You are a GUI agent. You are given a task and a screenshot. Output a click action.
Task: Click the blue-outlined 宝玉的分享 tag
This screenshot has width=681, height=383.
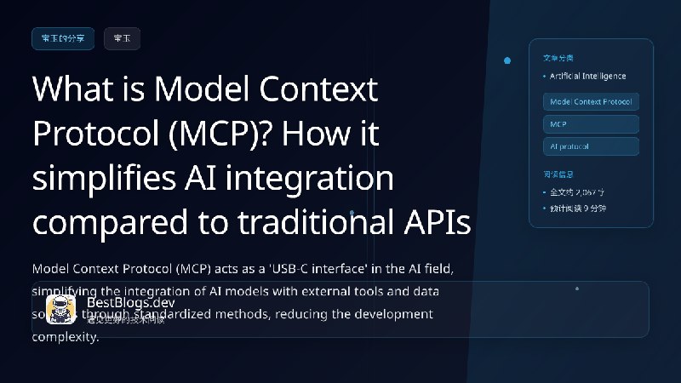pos(62,38)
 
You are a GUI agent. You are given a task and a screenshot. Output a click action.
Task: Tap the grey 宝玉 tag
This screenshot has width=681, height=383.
pos(122,38)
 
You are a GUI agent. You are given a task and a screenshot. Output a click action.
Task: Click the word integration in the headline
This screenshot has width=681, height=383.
pos(318,179)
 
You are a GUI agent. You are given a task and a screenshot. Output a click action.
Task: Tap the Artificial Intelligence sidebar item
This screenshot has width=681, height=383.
pos(587,77)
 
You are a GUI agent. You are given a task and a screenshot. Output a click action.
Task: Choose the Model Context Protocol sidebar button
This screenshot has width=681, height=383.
pos(591,101)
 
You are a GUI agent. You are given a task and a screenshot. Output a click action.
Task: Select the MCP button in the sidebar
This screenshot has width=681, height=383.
pos(591,124)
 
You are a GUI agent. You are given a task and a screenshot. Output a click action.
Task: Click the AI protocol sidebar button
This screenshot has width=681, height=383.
pos(591,146)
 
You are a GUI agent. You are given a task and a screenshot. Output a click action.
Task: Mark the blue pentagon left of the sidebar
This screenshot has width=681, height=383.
pos(507,60)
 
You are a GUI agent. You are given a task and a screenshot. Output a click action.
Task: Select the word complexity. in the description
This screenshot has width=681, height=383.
pos(66,336)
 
